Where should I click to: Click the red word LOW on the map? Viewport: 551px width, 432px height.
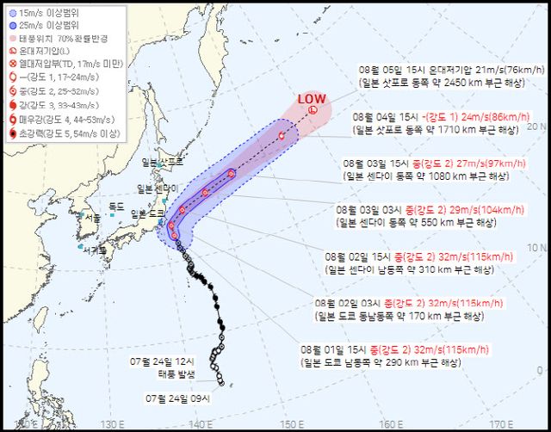coord(311,99)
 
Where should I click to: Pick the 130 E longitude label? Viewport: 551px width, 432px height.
coord(108,423)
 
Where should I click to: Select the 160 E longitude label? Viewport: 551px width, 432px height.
coord(391,423)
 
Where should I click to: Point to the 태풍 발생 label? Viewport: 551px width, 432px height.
coord(176,373)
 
